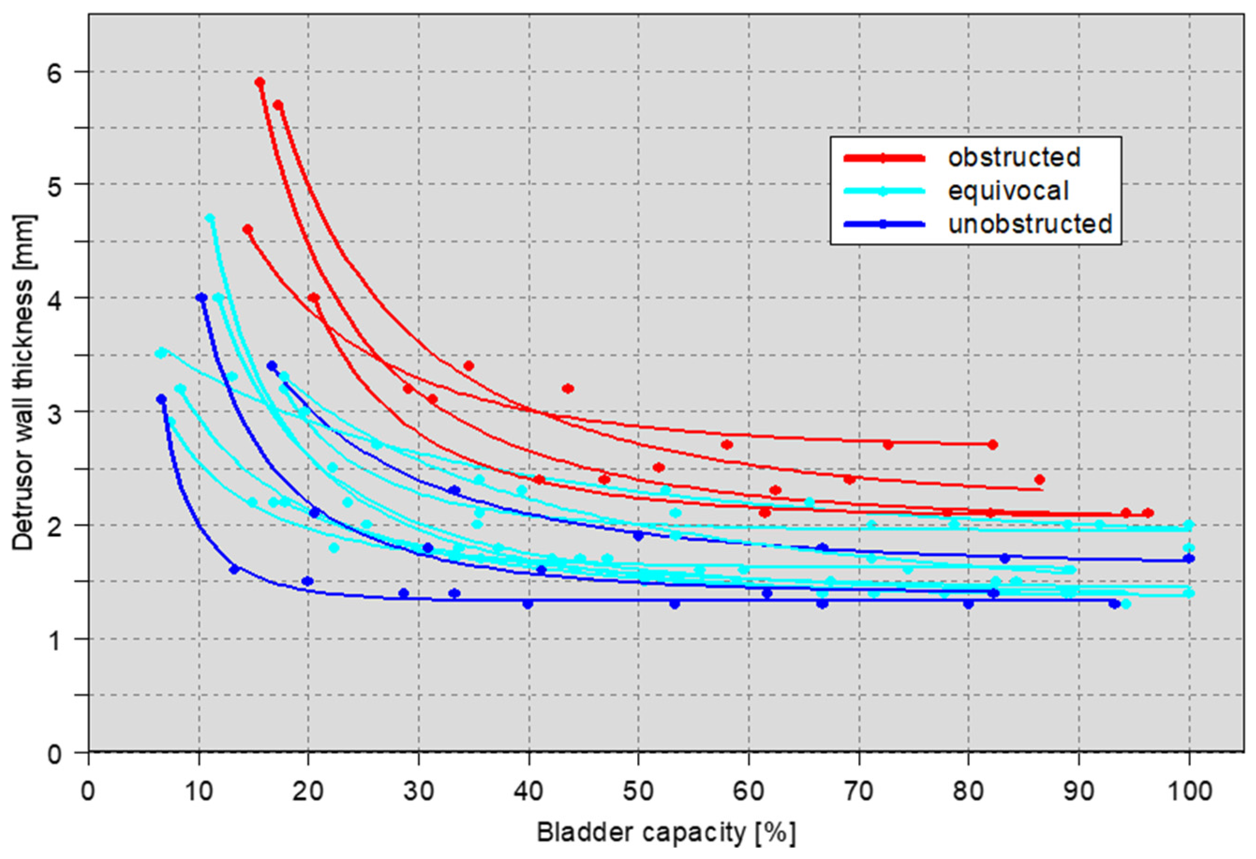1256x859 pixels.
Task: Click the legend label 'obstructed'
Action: [1013, 157]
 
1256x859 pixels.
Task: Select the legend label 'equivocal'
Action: [1008, 191]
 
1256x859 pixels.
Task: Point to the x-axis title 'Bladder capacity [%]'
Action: [666, 834]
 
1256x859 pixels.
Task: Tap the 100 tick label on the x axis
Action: [1189, 792]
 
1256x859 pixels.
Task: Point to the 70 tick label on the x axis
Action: [858, 792]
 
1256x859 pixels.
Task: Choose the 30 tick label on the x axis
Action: [418, 792]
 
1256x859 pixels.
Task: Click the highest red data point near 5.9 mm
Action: [260, 82]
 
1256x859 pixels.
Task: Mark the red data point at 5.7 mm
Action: [278, 105]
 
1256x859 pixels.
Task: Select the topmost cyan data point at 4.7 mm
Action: [210, 218]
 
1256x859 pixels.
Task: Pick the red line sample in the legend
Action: [884, 158]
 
